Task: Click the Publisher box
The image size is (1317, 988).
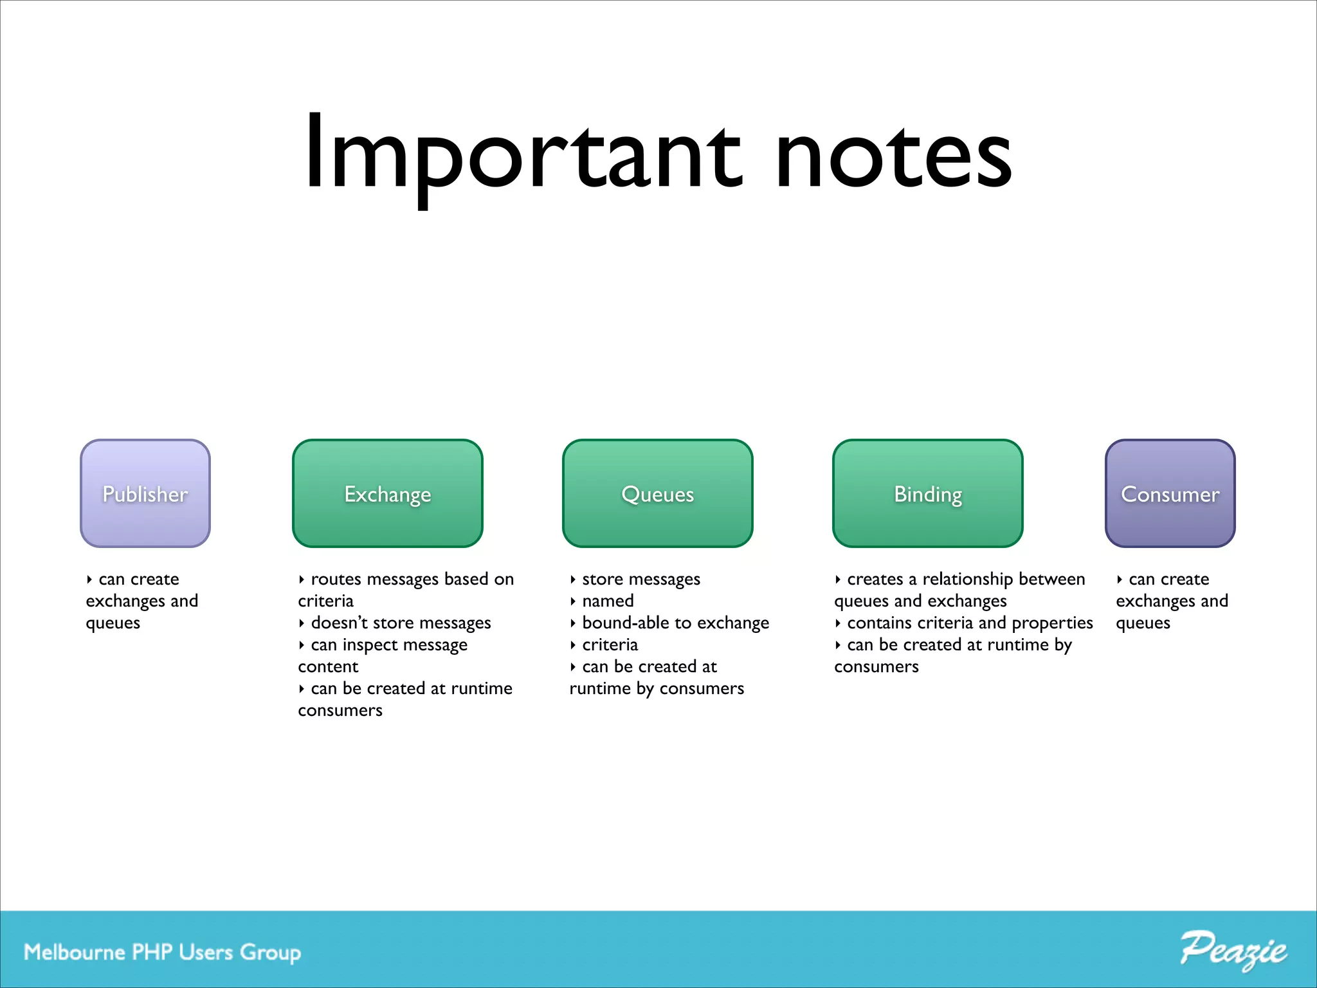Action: [145, 493]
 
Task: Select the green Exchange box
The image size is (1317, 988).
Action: [387, 493]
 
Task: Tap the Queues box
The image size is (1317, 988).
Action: [657, 493]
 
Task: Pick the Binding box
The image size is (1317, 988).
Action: [927, 493]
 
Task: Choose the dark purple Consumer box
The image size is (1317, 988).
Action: [1170, 493]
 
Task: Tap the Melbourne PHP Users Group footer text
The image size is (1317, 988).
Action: [162, 952]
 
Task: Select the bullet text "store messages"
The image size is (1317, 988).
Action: [640, 580]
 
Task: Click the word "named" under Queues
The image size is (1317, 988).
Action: [608, 601]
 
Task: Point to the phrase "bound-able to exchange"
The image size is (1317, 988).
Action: [675, 623]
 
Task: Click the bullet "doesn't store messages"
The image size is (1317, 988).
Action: [401, 623]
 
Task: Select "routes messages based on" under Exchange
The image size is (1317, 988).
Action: [412, 580]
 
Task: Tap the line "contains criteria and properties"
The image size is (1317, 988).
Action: [970, 623]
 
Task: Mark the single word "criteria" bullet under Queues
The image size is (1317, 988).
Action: [610, 645]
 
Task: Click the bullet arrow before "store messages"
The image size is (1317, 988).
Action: [572, 580]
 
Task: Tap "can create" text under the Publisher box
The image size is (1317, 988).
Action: [139, 580]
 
